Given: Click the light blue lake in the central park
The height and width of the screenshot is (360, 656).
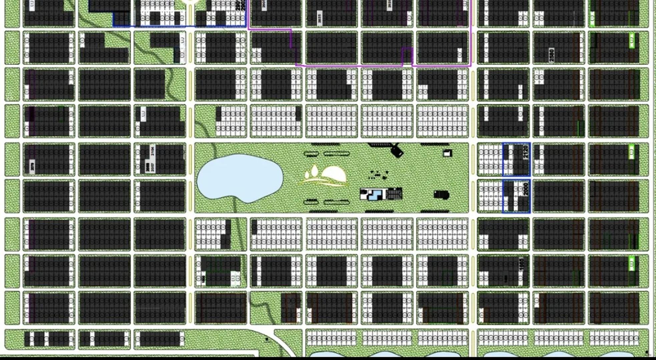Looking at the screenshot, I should [x=239, y=178].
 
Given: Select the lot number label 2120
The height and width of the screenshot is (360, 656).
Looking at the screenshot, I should [x=526, y=152].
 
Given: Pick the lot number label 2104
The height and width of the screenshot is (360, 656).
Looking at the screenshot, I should [x=152, y=151].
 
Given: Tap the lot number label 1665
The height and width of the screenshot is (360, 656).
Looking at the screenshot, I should [x=522, y=264].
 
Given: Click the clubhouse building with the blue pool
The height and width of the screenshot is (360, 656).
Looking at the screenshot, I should [x=381, y=194].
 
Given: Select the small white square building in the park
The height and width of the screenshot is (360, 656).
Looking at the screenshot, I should [x=447, y=153].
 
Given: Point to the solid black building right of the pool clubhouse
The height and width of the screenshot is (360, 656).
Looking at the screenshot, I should [x=442, y=194].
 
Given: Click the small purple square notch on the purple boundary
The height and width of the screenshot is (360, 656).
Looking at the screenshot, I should [x=407, y=55].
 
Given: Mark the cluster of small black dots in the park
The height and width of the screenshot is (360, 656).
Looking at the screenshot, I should [x=379, y=174].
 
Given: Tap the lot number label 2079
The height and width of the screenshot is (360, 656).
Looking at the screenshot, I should [x=32, y=166].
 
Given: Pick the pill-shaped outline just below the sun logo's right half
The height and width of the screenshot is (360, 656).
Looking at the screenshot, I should [x=337, y=202].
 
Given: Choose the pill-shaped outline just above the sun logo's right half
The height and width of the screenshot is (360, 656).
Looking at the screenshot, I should [x=337, y=154].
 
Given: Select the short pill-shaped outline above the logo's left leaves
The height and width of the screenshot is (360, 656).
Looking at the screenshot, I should [x=311, y=154].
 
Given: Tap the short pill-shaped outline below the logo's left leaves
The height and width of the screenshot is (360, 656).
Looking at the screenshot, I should [x=310, y=202].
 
